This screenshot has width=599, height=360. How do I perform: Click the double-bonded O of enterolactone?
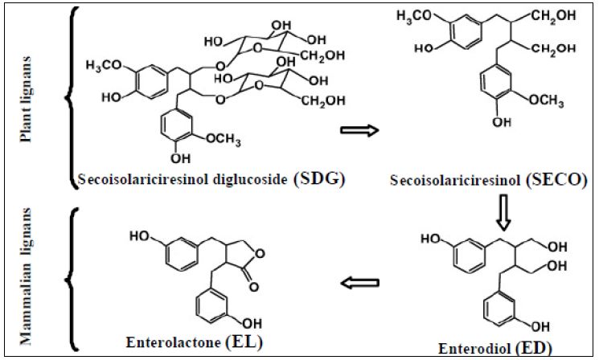pos(255,284)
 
